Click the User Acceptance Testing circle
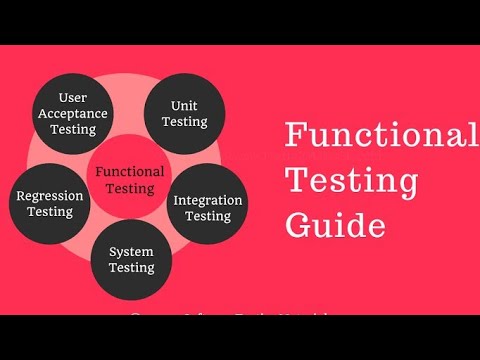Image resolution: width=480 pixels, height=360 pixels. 73,113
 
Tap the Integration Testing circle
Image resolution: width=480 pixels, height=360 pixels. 208,206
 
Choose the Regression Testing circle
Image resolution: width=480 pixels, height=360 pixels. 50,203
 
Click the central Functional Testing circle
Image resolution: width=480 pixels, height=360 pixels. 129,179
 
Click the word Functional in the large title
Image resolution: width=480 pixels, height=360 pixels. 380,134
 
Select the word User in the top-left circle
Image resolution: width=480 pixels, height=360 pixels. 73,97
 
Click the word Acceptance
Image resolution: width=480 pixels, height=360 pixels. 73,113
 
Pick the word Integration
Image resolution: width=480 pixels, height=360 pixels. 208,199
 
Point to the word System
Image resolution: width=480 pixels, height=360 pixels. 131,251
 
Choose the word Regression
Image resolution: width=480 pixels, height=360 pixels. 50,196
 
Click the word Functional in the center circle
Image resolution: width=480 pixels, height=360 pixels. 129,171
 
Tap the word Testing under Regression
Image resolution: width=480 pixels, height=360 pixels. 50,212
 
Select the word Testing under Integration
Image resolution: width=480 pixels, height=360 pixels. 208,215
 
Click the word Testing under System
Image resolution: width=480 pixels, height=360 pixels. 131,267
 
